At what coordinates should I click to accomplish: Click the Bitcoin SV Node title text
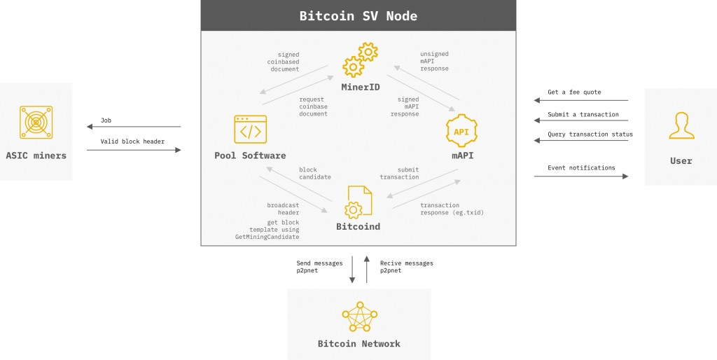[x=358, y=15]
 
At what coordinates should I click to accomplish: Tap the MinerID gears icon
[x=360, y=60]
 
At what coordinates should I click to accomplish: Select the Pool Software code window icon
[x=250, y=130]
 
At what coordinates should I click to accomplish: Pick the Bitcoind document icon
[x=358, y=202]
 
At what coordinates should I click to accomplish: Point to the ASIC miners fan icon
[x=36, y=123]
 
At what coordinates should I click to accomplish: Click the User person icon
[x=681, y=126]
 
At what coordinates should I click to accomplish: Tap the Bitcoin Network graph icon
[x=359, y=317]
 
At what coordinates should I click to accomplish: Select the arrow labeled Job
[x=133, y=127]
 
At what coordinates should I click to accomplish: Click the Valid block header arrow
[x=133, y=149]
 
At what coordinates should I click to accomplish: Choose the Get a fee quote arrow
[x=580, y=100]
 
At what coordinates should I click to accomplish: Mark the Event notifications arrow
[x=580, y=176]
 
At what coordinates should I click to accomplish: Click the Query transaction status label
[x=590, y=134]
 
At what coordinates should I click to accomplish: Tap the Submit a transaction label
[x=583, y=114]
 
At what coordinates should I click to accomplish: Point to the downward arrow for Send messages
[x=352, y=270]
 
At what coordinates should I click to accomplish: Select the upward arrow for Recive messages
[x=366, y=270]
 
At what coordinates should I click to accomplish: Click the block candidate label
[x=315, y=173]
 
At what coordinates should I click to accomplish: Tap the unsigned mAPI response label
[x=434, y=61]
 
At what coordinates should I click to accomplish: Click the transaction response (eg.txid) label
[x=452, y=209]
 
